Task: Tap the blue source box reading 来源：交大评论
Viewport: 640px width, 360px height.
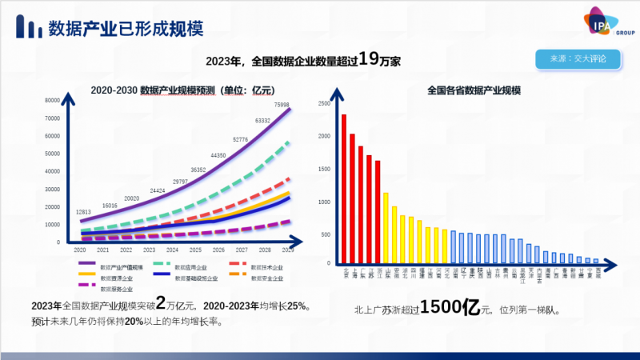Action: (578, 60)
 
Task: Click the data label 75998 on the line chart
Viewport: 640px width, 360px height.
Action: (282, 105)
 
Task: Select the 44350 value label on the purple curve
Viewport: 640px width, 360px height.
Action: (218, 155)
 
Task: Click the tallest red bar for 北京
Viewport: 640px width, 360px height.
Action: (344, 189)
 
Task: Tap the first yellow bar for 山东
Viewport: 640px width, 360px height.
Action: (386, 228)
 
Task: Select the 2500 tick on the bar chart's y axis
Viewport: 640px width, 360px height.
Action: (324, 104)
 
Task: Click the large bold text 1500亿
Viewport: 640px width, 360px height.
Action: (450, 307)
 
